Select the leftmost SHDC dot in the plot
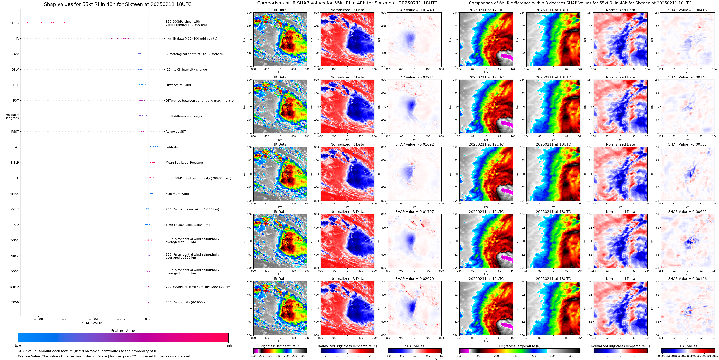(27, 23)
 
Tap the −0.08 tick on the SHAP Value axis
(39, 319)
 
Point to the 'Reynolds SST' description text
(175, 132)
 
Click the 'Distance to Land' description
(178, 85)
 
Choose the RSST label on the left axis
(15, 132)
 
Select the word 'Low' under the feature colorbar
(18, 345)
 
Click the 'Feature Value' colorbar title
(123, 331)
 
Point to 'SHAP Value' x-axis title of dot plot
(92, 323)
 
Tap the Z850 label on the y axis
(15, 302)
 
